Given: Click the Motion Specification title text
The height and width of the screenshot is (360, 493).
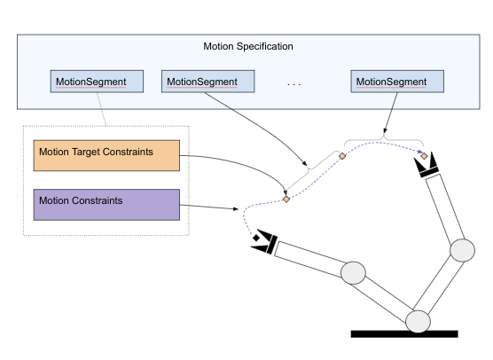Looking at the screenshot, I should pos(248,46).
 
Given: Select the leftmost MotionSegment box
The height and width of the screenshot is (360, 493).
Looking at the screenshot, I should pos(90,82).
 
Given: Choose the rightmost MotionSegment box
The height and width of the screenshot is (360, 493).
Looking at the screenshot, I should pos(397,82).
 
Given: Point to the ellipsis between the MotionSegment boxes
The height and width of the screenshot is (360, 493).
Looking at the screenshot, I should pos(294,83).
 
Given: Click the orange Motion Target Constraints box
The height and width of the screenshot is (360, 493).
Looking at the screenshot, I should pos(106,154).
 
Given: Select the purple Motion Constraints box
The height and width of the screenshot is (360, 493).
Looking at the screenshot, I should pos(106,203).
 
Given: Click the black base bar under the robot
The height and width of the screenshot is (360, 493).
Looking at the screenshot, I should pos(403,333).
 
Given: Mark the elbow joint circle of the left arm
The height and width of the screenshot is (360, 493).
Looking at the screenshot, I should pos(353,272).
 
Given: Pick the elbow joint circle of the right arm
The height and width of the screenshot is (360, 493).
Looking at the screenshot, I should pos(462,250).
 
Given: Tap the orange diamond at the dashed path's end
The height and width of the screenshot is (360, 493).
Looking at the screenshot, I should pos(425,156).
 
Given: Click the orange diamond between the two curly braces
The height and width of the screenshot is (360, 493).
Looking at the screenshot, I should pos(342,156).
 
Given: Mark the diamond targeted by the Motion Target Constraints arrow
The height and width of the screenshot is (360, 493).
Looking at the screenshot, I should pos(286,199).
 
